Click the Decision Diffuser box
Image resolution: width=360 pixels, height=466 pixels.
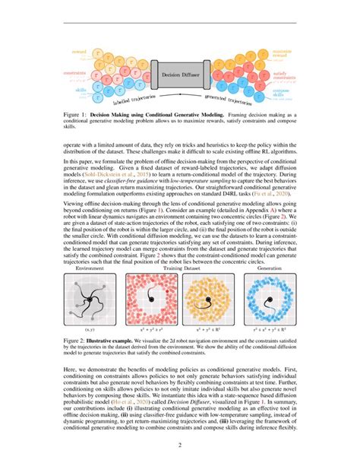click(x=180, y=74)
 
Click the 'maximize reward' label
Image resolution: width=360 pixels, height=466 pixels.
click(x=282, y=54)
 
